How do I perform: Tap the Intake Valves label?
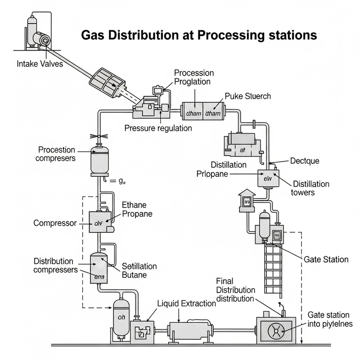pos(40,64)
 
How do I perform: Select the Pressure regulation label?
pos(158,128)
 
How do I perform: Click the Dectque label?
pos(305,161)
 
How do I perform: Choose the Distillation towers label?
pos(311,188)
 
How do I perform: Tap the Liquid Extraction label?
pos(186,303)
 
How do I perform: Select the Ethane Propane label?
pos(137,209)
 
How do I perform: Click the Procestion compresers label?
pos(57,154)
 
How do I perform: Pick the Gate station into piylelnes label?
pos(333,319)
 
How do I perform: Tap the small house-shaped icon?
pos(247,199)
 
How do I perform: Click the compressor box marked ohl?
pos(99,222)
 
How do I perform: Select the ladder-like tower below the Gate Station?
pos(273,268)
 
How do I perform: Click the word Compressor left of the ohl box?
pos(56,223)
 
